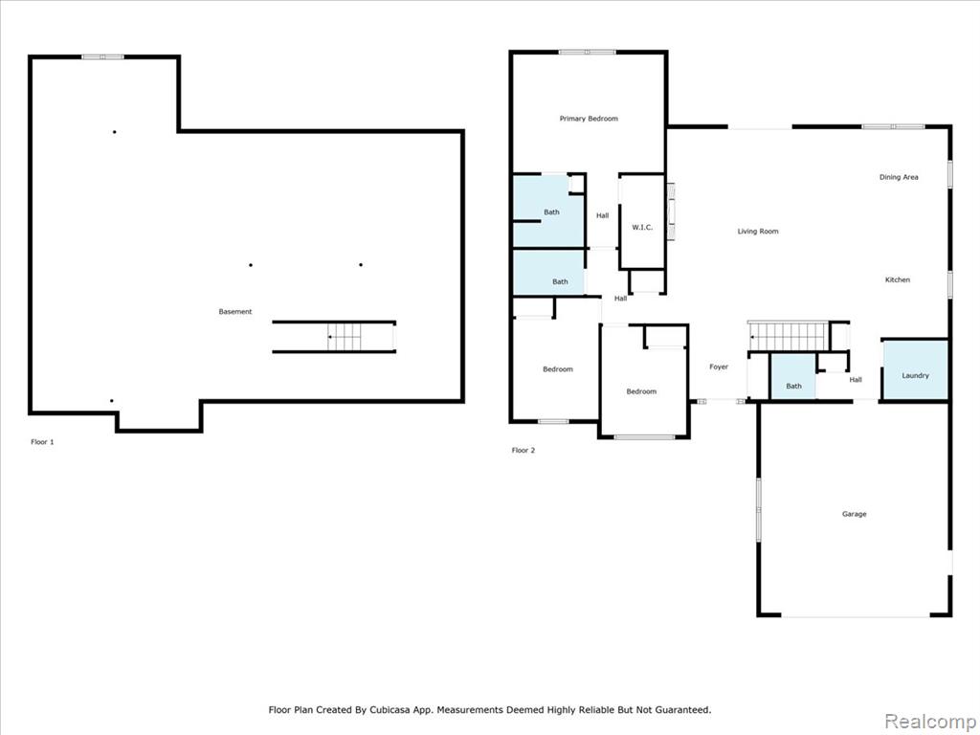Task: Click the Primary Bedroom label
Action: point(589,119)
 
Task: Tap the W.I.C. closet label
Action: point(642,228)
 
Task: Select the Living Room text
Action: point(758,232)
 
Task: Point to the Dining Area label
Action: point(899,177)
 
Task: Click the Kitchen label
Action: point(898,280)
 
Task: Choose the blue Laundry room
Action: point(915,369)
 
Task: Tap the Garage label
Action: point(854,514)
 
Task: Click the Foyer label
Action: point(719,367)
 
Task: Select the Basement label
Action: point(235,312)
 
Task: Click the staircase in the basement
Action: point(345,337)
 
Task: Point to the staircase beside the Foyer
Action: point(789,336)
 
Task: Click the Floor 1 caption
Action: point(42,442)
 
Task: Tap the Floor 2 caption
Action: point(523,450)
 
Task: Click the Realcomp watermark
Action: point(928,722)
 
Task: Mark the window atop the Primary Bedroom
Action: point(587,52)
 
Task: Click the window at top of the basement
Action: point(102,56)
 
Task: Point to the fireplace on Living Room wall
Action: point(671,212)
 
